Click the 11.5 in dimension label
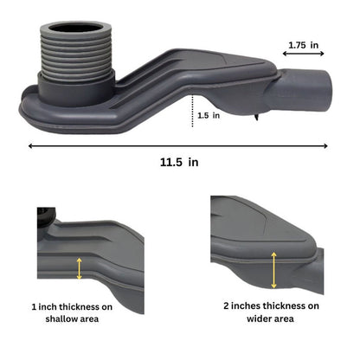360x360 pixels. click(181, 162)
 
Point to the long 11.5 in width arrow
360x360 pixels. click(181, 145)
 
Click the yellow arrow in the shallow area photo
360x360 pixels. click(80, 268)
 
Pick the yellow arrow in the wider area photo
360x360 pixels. click(274, 270)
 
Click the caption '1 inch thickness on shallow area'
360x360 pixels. click(84, 312)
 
